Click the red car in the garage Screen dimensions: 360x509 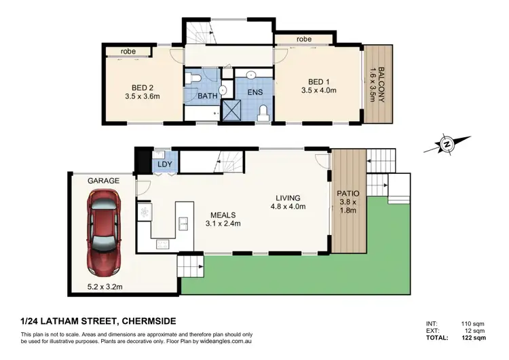(x=103, y=228)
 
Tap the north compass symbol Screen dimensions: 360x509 (x=446, y=144)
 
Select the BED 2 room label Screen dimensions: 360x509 (x=141, y=87)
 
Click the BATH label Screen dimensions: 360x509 (x=207, y=96)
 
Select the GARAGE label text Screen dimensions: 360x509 (x=103, y=181)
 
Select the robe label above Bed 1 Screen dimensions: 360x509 (x=304, y=39)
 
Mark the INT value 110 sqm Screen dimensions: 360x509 (x=472, y=324)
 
